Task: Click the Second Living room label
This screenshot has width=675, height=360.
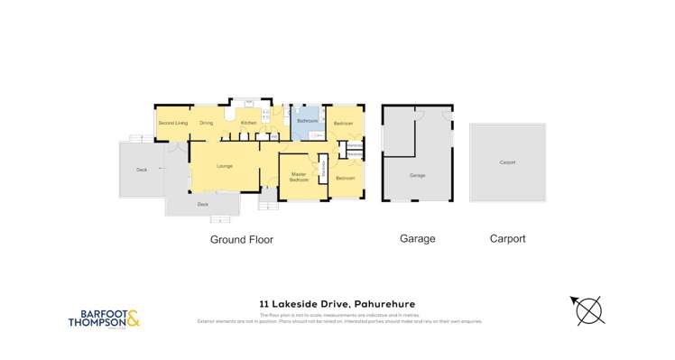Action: click(172, 123)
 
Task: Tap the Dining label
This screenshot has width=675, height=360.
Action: click(207, 123)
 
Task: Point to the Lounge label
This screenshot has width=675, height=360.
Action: click(225, 166)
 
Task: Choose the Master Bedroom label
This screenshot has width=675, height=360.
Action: click(299, 178)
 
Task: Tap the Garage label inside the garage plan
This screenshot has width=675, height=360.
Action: click(417, 175)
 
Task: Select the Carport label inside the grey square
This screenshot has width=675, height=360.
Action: click(507, 163)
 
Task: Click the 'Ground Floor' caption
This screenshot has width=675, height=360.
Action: click(241, 240)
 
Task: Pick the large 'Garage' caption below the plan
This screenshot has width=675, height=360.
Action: click(417, 239)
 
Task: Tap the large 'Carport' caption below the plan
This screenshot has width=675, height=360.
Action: click(507, 239)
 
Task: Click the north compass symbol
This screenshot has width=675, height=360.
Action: click(589, 310)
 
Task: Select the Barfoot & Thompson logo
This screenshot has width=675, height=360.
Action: click(104, 318)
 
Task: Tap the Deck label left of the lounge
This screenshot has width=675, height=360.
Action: click(142, 170)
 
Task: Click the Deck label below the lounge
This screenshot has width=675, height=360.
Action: click(202, 205)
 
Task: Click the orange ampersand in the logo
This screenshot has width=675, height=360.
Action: click(134, 318)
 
